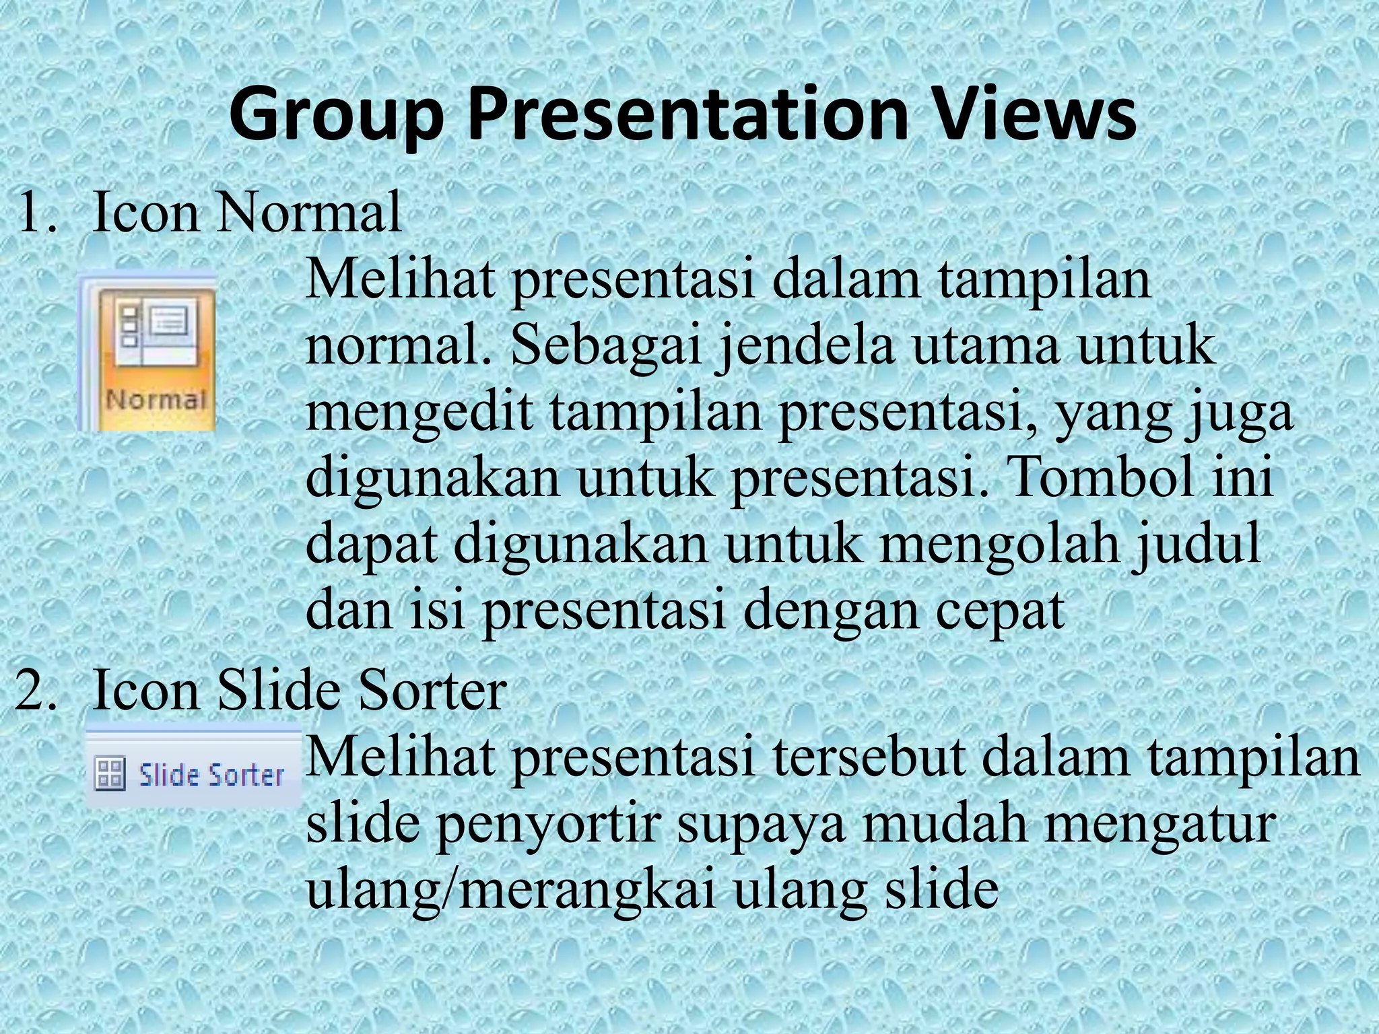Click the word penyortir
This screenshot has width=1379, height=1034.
[548, 824]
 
